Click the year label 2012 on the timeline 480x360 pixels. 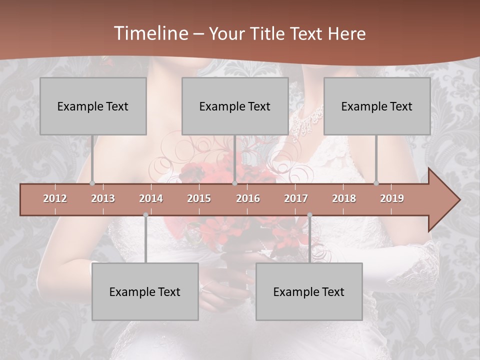pyautogui.click(x=55, y=198)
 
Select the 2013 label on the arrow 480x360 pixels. pyautogui.click(x=103, y=198)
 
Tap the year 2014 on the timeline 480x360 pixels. pyautogui.click(x=151, y=198)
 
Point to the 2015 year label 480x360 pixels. pyautogui.click(x=199, y=198)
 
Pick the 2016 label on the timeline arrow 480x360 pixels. pyautogui.click(x=248, y=198)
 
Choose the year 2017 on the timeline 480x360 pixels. pyautogui.click(x=296, y=198)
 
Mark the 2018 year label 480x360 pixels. pyautogui.click(x=344, y=198)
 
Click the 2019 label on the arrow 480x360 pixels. pyautogui.click(x=392, y=198)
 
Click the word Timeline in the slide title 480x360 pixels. pyautogui.click(x=150, y=33)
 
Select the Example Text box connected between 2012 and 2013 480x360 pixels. pyautogui.click(x=93, y=106)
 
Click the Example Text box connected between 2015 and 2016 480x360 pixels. pyautogui.click(x=235, y=106)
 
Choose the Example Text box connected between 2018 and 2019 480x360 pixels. pyautogui.click(x=377, y=106)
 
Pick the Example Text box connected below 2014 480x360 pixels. pyautogui.click(x=145, y=291)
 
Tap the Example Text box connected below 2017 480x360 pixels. pyautogui.click(x=309, y=291)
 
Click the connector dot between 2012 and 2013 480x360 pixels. pyautogui.click(x=92, y=183)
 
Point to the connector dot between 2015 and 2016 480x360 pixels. pyautogui.click(x=234, y=183)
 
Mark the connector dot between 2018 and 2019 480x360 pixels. pyautogui.click(x=376, y=183)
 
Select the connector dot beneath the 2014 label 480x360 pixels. pyautogui.click(x=145, y=215)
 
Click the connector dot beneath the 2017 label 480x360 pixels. pyautogui.click(x=309, y=215)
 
